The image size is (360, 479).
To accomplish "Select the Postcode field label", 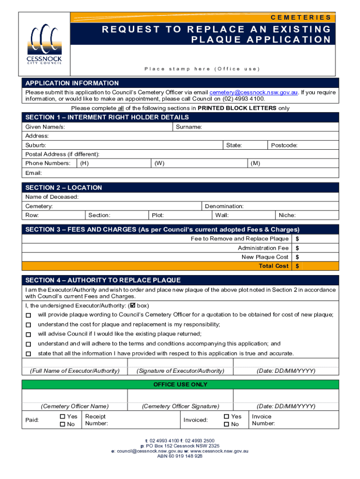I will tap(284, 145).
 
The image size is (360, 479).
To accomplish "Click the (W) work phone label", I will tap(159, 163).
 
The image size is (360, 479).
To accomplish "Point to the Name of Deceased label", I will tap(52, 197).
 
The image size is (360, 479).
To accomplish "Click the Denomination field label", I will tap(224, 206).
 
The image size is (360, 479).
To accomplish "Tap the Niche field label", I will tap(287, 216).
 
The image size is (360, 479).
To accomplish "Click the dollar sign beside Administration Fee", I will tap(297, 248).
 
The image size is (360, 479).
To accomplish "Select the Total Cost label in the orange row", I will tap(274, 266).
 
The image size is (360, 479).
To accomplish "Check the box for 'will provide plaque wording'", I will tap(29, 315).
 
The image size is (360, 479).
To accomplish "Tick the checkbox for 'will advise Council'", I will tap(29, 334).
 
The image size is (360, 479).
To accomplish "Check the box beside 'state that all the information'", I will tap(29, 354).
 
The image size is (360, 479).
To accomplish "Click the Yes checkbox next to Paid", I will tap(63, 416).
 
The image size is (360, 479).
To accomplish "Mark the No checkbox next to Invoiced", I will tap(226, 424).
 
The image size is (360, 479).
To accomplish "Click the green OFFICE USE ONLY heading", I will tap(180, 385).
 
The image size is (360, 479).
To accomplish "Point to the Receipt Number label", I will tap(96, 420).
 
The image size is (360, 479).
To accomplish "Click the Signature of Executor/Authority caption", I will tap(180, 371).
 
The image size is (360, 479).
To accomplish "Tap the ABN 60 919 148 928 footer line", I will tap(180, 456).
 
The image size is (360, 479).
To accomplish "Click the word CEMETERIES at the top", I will tap(301, 17).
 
